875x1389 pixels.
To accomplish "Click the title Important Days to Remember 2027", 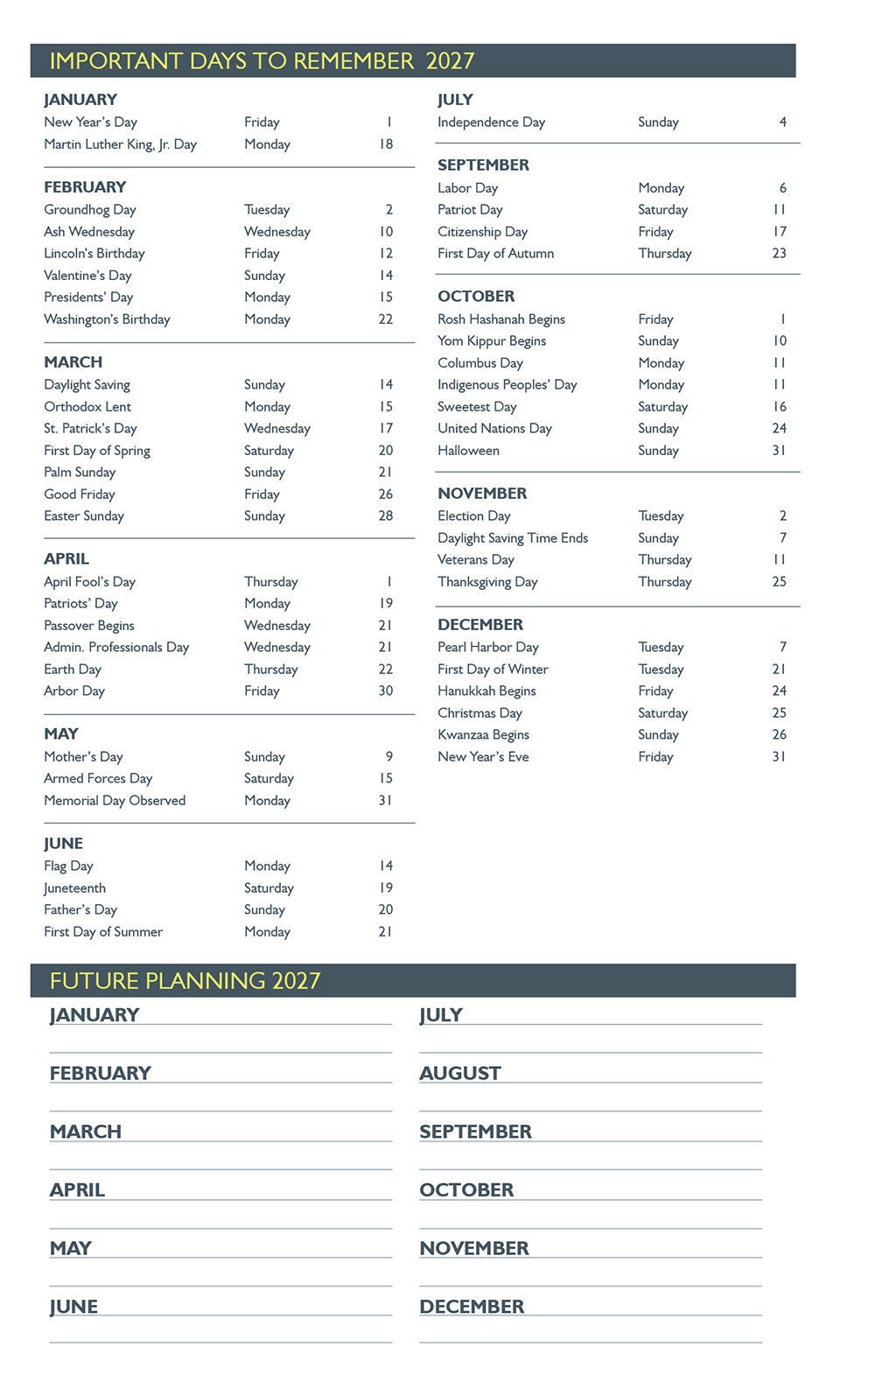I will (x=262, y=61).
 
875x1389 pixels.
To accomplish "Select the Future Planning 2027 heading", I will (x=185, y=980).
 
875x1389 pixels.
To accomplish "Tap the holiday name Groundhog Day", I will (x=90, y=210).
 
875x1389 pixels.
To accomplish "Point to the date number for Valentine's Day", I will (x=386, y=276).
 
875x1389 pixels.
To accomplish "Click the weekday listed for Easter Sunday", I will (x=264, y=516).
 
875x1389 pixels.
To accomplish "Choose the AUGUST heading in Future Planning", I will (x=460, y=1073).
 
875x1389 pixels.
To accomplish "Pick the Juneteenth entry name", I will (x=75, y=888).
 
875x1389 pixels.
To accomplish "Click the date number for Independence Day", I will (x=782, y=123).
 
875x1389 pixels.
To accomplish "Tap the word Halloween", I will (x=468, y=451).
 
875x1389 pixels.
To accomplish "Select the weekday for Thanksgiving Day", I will (x=664, y=582).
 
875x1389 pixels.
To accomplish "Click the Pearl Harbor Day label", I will (x=488, y=648).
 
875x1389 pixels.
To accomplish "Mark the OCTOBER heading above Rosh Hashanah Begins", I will (x=476, y=297).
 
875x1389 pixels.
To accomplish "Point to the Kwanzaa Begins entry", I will (x=483, y=735).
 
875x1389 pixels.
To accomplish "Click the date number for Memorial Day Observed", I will (x=385, y=801).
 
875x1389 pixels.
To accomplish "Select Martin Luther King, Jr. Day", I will (x=120, y=144).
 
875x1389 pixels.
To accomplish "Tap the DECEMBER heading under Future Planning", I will (x=472, y=1307).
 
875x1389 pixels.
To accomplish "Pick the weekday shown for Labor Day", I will (x=661, y=188).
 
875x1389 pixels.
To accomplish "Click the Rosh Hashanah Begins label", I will (x=501, y=319).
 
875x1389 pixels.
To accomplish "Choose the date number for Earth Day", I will (x=385, y=670).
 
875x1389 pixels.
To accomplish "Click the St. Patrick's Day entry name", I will (x=90, y=429).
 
